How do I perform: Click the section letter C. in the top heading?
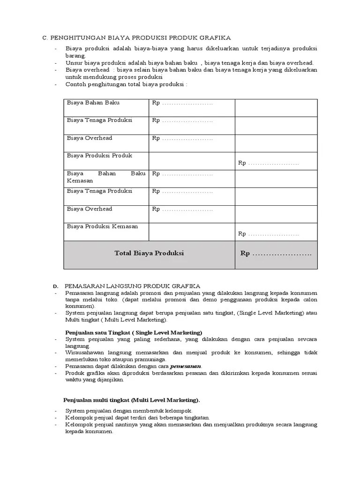[x=45, y=37]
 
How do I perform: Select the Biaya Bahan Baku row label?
[x=93, y=103]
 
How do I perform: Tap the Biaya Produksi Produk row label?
[x=99, y=156]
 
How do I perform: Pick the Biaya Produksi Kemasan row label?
[x=102, y=226]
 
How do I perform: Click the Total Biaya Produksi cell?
[x=149, y=253]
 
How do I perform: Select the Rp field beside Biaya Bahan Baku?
[x=182, y=103]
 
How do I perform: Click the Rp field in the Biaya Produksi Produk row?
[x=269, y=163]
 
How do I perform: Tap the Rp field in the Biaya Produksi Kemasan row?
[x=269, y=234]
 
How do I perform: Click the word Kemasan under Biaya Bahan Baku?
[x=80, y=180]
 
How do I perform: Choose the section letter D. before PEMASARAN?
[x=55, y=286]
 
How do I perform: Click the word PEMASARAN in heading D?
[x=86, y=286]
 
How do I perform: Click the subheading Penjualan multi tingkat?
[x=132, y=400]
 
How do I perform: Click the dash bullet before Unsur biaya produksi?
[x=55, y=63]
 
